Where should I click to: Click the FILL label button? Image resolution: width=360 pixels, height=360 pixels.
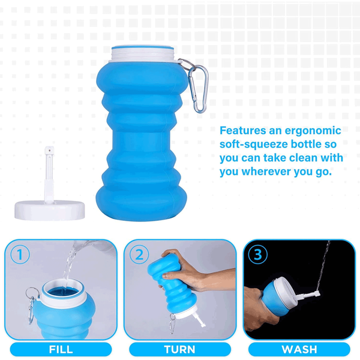(x=61, y=349)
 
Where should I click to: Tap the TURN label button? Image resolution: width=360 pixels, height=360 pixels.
(x=180, y=349)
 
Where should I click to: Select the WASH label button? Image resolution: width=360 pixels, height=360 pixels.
(x=299, y=349)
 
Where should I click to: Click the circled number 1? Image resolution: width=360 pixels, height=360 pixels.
(x=20, y=254)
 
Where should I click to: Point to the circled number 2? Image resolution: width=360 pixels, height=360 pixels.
(x=139, y=254)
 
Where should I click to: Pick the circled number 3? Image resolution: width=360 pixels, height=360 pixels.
(x=258, y=254)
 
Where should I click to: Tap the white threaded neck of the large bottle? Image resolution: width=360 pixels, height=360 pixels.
(x=143, y=55)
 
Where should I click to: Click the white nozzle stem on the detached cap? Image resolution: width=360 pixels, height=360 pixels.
(x=49, y=175)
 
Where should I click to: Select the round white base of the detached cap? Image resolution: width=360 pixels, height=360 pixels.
(x=50, y=211)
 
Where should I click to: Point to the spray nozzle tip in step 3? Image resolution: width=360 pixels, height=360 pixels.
(x=318, y=293)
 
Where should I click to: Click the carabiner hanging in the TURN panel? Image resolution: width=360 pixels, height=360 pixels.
(x=172, y=323)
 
